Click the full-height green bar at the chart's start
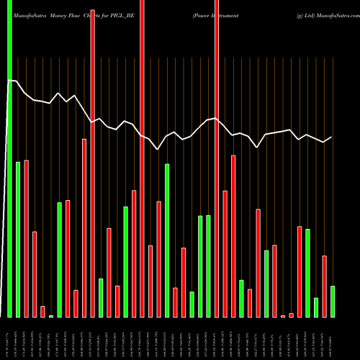(x=9, y=158)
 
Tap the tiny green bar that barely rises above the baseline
(x=51, y=315)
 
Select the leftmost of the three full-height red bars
(x=93, y=158)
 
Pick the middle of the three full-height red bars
(x=143, y=158)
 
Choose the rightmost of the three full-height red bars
(x=217, y=158)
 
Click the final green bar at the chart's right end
(x=333, y=302)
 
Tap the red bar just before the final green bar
(x=325, y=286)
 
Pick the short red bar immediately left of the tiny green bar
(x=43, y=311)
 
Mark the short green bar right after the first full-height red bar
(x=101, y=297)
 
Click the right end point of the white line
(x=332, y=137)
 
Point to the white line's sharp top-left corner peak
(x=9, y=81)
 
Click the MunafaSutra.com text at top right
(x=332, y=14)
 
